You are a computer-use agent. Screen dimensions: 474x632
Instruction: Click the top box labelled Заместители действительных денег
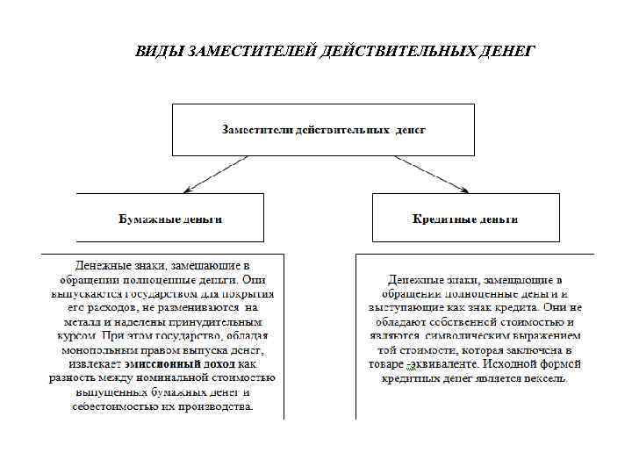click(323, 129)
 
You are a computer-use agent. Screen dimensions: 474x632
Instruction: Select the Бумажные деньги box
click(170, 218)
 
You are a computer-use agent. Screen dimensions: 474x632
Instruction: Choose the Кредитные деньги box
click(464, 218)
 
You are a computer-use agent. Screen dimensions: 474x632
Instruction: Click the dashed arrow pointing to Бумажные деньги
click(216, 174)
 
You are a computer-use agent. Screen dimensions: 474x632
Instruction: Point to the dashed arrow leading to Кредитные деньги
click(430, 174)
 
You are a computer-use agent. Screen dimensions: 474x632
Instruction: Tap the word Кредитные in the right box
click(443, 219)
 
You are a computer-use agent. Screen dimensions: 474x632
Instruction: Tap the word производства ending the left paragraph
click(220, 406)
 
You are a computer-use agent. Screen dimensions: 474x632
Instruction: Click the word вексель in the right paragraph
click(546, 378)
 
